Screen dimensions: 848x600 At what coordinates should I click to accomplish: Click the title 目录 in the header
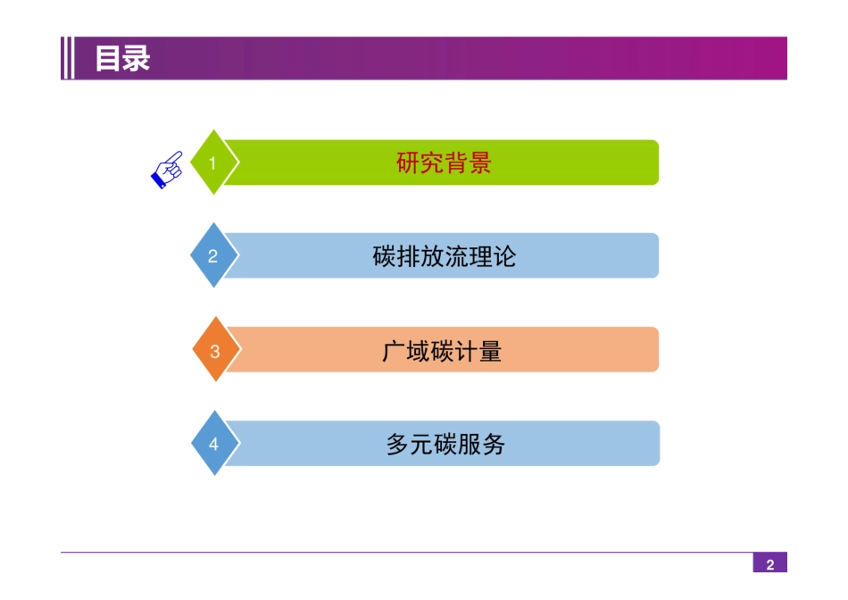(x=122, y=58)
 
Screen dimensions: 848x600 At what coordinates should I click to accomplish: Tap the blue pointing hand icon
(x=167, y=170)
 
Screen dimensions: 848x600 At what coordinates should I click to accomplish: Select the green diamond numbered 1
(x=214, y=162)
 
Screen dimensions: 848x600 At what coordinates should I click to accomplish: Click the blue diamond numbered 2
(x=214, y=254)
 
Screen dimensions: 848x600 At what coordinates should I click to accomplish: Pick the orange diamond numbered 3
(x=216, y=349)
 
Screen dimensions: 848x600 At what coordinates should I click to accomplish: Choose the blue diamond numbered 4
(x=215, y=443)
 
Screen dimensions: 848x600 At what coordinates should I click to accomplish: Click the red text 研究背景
(x=444, y=162)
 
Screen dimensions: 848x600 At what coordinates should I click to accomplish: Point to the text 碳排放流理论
(x=444, y=256)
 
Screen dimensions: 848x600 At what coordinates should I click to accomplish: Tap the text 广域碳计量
(x=442, y=351)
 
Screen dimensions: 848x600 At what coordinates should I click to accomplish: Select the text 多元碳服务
(x=445, y=444)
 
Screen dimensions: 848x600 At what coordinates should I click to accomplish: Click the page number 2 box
(x=769, y=562)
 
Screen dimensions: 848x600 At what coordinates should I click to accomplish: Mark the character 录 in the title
(x=137, y=58)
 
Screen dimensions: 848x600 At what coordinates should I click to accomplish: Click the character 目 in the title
(x=107, y=58)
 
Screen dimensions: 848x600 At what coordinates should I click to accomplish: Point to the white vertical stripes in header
(x=69, y=58)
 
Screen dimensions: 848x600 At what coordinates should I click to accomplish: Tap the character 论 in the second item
(x=504, y=256)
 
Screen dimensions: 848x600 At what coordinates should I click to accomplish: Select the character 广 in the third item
(x=394, y=351)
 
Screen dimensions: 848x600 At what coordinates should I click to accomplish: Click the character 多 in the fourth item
(x=397, y=444)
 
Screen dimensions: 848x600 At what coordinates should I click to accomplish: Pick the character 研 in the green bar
(x=408, y=162)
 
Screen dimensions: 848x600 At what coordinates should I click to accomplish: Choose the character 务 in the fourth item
(x=494, y=444)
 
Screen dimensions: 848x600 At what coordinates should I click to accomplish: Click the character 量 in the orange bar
(x=491, y=351)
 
